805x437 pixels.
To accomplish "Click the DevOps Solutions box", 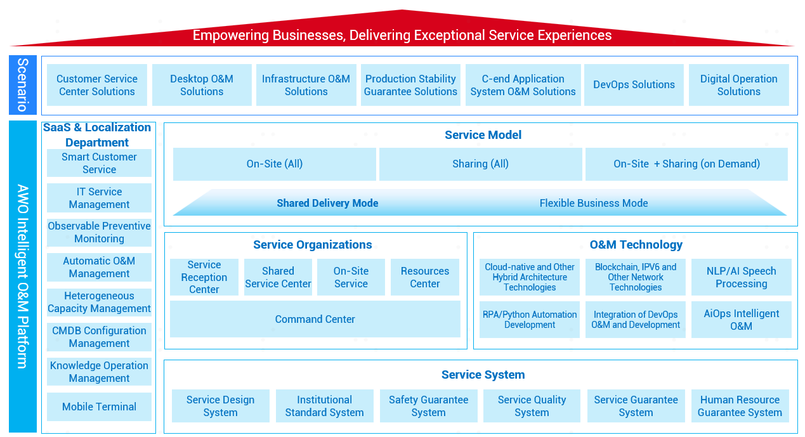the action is point(634,85).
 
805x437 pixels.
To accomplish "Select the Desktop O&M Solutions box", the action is point(202,85).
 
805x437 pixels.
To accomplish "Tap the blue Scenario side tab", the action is point(23,85).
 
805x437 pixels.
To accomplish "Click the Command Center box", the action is point(315,319).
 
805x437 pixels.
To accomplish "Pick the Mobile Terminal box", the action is point(99,407).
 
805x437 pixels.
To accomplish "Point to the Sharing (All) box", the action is point(480,164).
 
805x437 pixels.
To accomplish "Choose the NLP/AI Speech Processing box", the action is point(742,277).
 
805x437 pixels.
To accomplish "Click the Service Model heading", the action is point(483,134).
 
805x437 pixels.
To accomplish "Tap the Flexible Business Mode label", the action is point(594,203).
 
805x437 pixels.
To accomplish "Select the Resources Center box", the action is point(425,277).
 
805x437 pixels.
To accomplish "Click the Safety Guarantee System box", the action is point(428,406).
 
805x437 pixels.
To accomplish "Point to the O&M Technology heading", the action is point(636,244).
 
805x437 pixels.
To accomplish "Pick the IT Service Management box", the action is point(99,198).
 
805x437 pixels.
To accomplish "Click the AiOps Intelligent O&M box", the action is point(742,320).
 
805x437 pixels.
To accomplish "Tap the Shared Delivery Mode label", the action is point(327,203).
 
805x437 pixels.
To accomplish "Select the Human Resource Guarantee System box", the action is point(740,406).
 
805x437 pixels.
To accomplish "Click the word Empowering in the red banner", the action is point(231,36).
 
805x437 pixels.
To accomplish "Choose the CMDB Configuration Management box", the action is point(99,337).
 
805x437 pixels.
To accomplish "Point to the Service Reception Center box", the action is point(204,277).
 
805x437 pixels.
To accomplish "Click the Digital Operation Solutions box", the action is point(739,85).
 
